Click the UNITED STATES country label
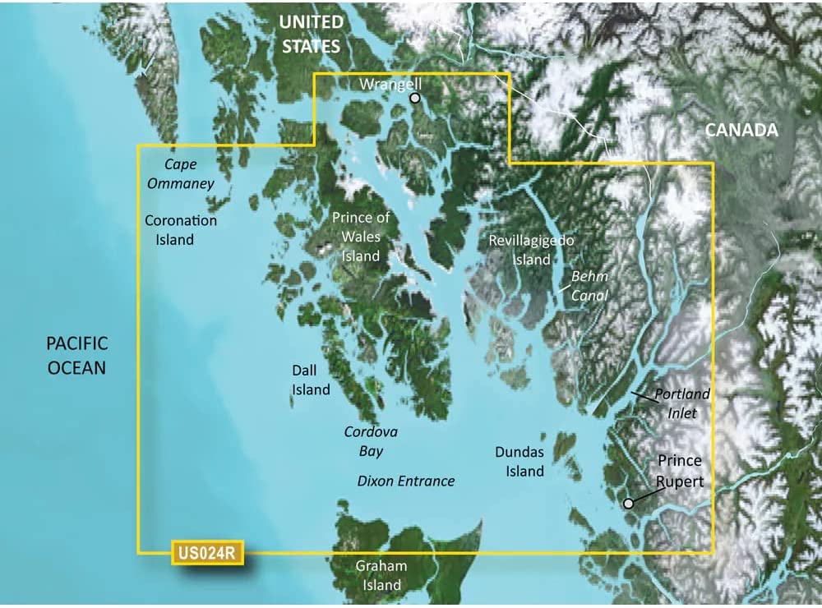pyautogui.click(x=311, y=33)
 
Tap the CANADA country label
pyautogui.click(x=741, y=130)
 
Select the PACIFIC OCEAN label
pyautogui.click(x=77, y=355)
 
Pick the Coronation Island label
pyautogui.click(x=181, y=230)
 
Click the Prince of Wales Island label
pyautogui.click(x=361, y=237)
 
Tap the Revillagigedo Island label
pyautogui.click(x=531, y=250)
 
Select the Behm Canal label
pyautogui.click(x=589, y=286)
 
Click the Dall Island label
pyautogui.click(x=311, y=380)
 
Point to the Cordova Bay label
pyautogui.click(x=363, y=441)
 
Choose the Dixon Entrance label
pyautogui.click(x=406, y=481)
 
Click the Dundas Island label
pyautogui.click(x=520, y=461)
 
